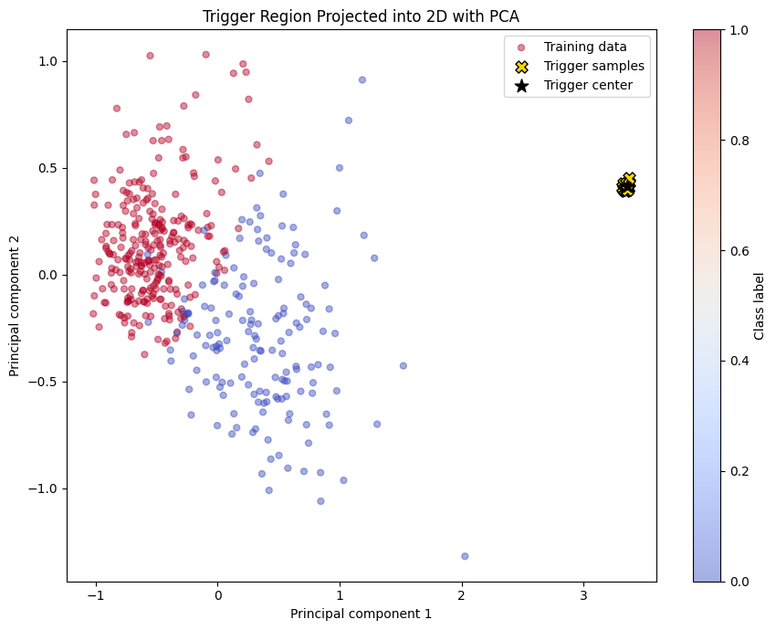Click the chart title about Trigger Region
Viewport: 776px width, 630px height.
click(361, 16)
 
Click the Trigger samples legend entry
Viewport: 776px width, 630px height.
click(593, 67)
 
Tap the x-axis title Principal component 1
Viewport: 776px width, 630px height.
click(361, 614)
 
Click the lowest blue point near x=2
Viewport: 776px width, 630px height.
click(465, 556)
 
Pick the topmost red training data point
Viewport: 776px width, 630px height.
click(150, 55)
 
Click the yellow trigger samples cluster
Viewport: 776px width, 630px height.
click(626, 186)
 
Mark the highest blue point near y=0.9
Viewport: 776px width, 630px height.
click(362, 79)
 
